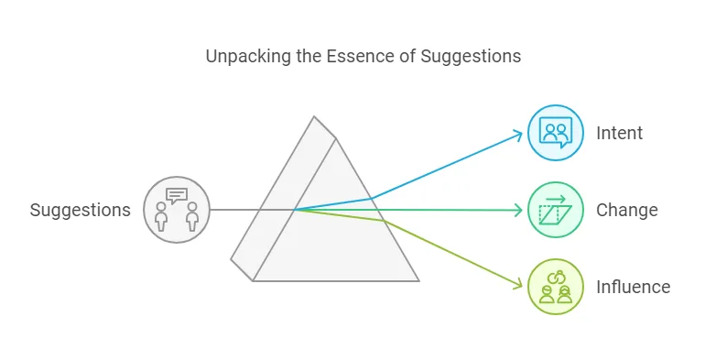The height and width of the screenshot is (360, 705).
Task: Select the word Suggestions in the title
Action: (x=471, y=57)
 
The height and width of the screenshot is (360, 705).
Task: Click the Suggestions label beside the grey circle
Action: (x=81, y=211)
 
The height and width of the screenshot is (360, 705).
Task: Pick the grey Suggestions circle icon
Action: (x=177, y=210)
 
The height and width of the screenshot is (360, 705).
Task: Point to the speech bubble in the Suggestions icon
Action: (x=177, y=195)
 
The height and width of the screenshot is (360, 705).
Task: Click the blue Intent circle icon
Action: (x=556, y=133)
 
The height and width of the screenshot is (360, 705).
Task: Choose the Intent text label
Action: (x=619, y=134)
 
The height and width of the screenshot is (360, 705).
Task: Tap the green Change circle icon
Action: (x=556, y=210)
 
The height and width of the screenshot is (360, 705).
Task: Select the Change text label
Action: (x=626, y=211)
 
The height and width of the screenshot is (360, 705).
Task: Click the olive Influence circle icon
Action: (x=556, y=287)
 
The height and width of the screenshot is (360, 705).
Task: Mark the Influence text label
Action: (x=633, y=288)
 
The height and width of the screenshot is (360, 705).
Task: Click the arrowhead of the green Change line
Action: (x=519, y=211)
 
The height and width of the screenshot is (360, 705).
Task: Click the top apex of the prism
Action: (x=314, y=117)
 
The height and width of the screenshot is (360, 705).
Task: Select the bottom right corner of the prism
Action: (x=418, y=280)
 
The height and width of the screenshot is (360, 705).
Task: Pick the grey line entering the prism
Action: (x=238, y=210)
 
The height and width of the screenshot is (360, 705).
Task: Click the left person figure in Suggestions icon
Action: (x=162, y=217)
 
